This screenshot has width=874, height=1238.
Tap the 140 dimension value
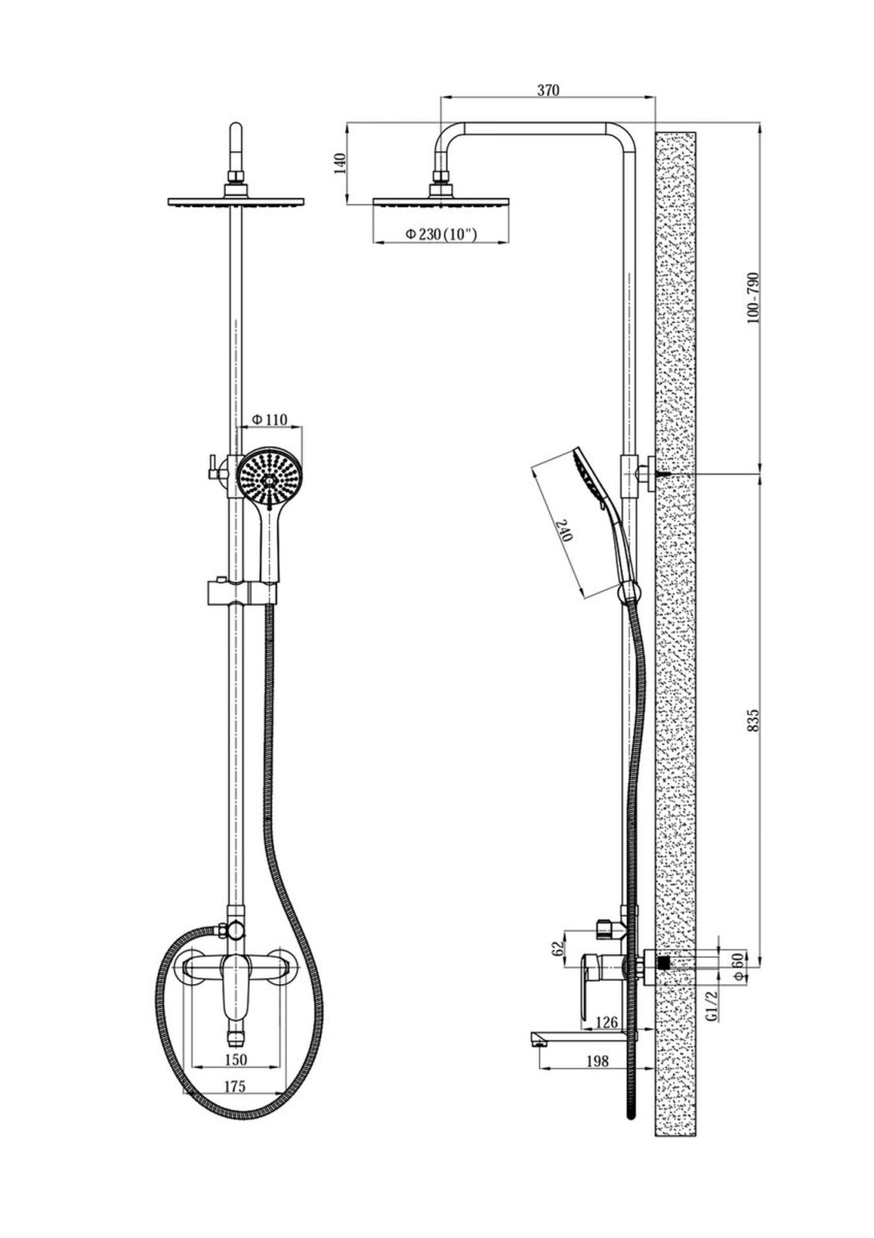(x=340, y=164)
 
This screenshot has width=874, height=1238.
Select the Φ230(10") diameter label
(x=441, y=234)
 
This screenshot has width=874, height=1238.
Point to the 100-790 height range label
(x=753, y=298)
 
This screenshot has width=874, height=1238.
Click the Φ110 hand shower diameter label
(x=270, y=419)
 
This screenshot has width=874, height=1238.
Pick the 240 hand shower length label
(x=566, y=531)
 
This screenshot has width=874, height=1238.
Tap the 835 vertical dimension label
(x=753, y=720)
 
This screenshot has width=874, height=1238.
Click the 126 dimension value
(x=607, y=1021)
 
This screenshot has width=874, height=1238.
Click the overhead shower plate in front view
(x=236, y=201)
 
